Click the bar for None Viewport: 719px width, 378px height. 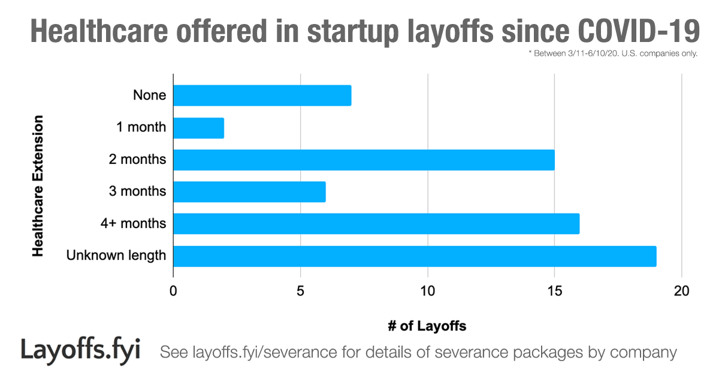point(262,95)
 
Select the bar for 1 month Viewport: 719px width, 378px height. point(198,128)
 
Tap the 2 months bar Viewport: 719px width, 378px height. point(364,160)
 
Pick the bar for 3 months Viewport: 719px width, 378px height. point(249,192)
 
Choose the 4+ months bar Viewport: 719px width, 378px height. point(376,224)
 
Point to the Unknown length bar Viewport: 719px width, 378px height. point(415,256)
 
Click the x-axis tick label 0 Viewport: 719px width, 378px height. point(173,292)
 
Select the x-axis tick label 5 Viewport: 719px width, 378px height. point(300,292)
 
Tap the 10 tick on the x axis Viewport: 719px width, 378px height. point(427,292)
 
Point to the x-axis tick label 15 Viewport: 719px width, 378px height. point(554,292)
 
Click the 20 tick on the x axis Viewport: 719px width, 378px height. point(682,292)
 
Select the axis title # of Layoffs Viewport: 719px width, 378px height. point(427,326)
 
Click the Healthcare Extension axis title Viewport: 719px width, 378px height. point(38,187)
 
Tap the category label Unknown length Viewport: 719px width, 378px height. point(116,256)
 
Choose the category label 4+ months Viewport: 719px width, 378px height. point(133,224)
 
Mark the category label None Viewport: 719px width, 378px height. point(149,95)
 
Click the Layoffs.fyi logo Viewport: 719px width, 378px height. point(80,349)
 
